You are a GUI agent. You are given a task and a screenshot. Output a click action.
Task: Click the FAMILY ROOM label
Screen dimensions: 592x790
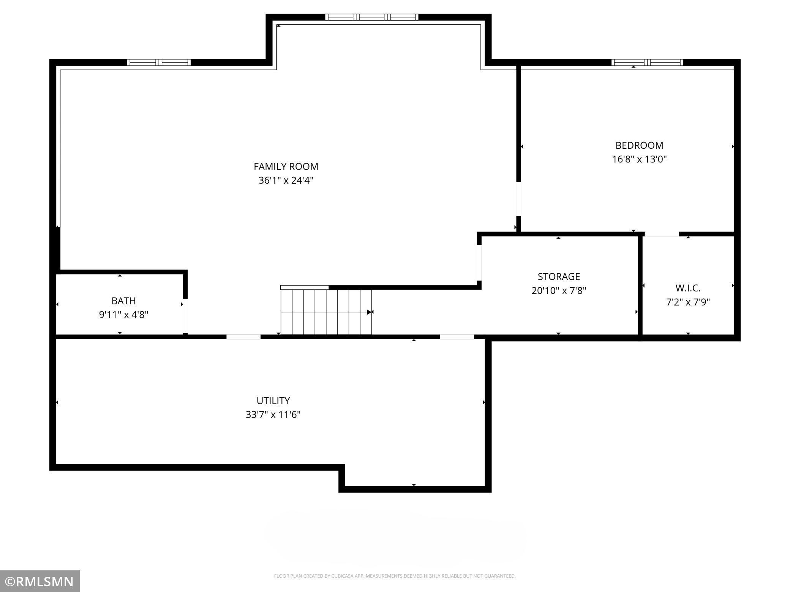(286, 167)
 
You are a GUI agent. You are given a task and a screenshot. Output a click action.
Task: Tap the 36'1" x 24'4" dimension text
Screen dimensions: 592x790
(286, 181)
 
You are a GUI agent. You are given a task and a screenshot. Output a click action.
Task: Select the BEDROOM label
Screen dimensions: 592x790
(639, 145)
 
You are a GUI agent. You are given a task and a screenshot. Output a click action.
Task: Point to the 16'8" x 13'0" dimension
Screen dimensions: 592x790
(639, 159)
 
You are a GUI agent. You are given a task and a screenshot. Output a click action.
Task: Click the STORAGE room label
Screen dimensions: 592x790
(559, 277)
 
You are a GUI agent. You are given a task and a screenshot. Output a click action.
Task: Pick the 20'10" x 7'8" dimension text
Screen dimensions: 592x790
(559, 291)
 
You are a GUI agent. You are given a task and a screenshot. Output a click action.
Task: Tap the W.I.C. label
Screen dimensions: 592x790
(688, 288)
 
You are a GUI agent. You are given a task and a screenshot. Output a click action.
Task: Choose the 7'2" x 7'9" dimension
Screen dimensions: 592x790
(688, 302)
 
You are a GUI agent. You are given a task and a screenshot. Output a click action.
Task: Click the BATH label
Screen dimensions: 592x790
(123, 301)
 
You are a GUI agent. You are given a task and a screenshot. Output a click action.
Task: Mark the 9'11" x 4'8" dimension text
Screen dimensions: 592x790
(123, 315)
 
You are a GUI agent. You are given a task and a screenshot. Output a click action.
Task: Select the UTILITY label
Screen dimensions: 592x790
(273, 401)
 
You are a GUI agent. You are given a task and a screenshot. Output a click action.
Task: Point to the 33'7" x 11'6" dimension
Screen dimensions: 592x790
(273, 415)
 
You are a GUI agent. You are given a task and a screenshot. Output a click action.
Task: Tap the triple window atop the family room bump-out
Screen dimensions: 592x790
(371, 17)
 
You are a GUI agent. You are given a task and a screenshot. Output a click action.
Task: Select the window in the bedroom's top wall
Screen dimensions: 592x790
(647, 62)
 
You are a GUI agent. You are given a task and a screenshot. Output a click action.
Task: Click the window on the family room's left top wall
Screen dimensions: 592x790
(159, 62)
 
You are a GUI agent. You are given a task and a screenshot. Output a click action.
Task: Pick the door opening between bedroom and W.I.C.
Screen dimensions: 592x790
(661, 234)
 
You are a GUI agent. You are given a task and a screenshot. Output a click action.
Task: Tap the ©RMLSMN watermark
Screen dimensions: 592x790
(40, 581)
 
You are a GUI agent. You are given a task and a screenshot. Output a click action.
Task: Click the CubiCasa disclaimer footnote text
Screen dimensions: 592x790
(395, 576)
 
